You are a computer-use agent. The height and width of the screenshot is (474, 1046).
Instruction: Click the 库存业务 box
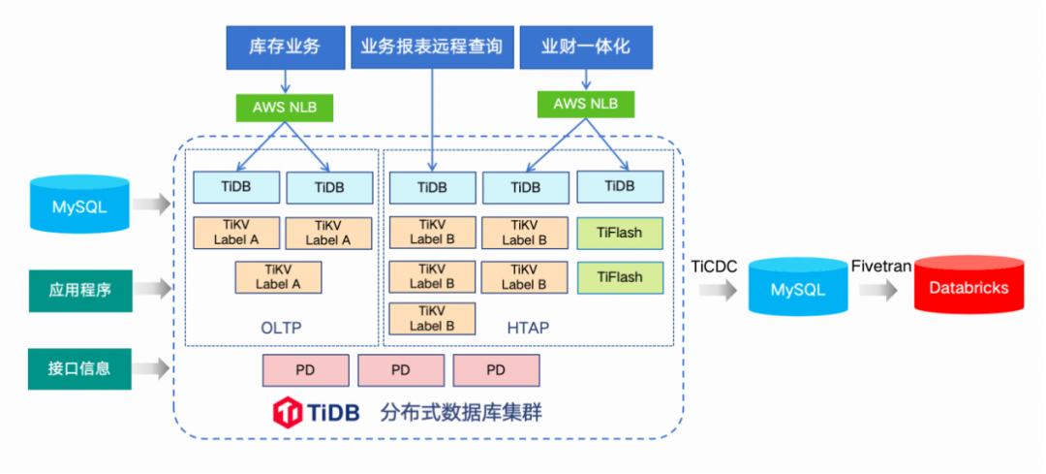(285, 47)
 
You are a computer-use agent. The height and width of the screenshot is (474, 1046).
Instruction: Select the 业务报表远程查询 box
(432, 47)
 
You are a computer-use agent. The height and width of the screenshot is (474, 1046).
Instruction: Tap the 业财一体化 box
(584, 47)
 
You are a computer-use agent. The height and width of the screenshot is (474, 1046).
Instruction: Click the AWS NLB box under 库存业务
(285, 107)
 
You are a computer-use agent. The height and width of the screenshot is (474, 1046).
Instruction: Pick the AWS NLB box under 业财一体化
(586, 104)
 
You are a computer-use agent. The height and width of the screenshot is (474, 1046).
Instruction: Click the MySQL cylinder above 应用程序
(79, 205)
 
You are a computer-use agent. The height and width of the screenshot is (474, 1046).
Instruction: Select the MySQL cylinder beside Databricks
(798, 287)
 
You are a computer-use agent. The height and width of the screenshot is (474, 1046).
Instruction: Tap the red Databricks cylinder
(969, 287)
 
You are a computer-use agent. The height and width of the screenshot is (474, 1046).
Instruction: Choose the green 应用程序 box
(79, 289)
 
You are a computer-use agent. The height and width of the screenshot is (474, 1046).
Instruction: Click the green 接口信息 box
(79, 368)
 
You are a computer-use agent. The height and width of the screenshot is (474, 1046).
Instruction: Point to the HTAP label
(528, 328)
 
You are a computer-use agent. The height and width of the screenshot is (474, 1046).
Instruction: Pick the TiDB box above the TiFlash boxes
(620, 186)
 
